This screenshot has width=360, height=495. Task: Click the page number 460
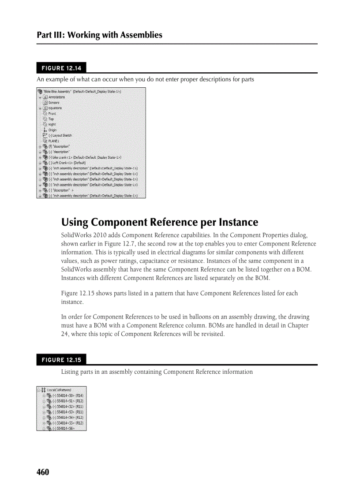tap(43, 472)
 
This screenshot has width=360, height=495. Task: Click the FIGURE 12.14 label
tap(61, 68)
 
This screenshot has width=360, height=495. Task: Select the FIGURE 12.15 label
tap(61, 360)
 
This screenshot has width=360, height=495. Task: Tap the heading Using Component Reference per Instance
tap(159, 222)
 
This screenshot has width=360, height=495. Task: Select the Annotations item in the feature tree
tap(56, 97)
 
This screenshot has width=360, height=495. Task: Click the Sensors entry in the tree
tap(54, 102)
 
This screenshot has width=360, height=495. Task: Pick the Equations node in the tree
tap(55, 108)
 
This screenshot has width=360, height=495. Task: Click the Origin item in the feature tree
tap(52, 130)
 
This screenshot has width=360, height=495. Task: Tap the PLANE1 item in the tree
tap(54, 141)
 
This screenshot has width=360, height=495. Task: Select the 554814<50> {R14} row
tap(67, 395)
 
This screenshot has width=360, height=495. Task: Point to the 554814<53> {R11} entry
tap(67, 412)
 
